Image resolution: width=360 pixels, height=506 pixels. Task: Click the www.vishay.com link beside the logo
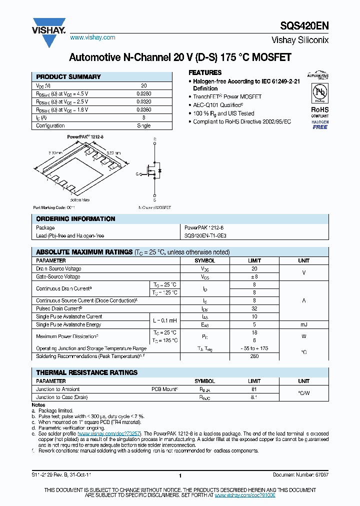(x=92, y=37)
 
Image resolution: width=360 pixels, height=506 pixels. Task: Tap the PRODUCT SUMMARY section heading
(x=68, y=77)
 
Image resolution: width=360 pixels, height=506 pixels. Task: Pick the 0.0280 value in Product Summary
(x=143, y=93)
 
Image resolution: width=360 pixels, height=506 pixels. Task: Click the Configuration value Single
(x=143, y=125)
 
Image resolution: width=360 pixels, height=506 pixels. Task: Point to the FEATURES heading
(x=205, y=72)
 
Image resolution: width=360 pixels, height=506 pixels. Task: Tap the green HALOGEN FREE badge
(x=320, y=124)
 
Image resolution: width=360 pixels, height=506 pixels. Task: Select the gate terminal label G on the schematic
(x=137, y=174)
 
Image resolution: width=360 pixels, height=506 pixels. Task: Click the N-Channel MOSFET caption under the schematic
(x=154, y=207)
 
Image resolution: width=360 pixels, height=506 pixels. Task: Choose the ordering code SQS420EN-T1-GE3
(x=209, y=235)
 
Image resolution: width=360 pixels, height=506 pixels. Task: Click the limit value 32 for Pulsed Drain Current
(x=254, y=308)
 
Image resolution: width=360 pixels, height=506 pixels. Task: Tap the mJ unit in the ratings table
(x=303, y=324)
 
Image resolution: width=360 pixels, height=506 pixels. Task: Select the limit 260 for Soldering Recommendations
(x=254, y=356)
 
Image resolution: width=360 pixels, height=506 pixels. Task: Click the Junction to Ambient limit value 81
(x=254, y=389)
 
